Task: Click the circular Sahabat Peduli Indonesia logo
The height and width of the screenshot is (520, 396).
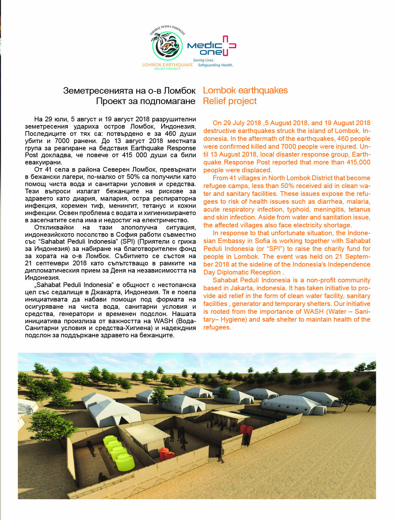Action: coord(167,46)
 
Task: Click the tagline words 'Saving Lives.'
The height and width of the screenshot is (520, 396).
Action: coord(203,60)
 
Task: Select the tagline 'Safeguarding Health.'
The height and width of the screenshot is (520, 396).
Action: coord(215,65)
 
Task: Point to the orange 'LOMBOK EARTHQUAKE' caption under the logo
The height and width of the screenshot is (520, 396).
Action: coord(167,65)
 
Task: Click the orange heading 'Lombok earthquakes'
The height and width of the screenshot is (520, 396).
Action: coord(245,91)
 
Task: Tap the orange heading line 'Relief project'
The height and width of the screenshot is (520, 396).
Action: coord(230,101)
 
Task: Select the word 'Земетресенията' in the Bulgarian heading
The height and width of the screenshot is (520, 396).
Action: coord(98,91)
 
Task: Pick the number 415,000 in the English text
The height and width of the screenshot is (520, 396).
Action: coord(358,162)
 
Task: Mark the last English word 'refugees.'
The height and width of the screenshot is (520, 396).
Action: coord(217,327)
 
